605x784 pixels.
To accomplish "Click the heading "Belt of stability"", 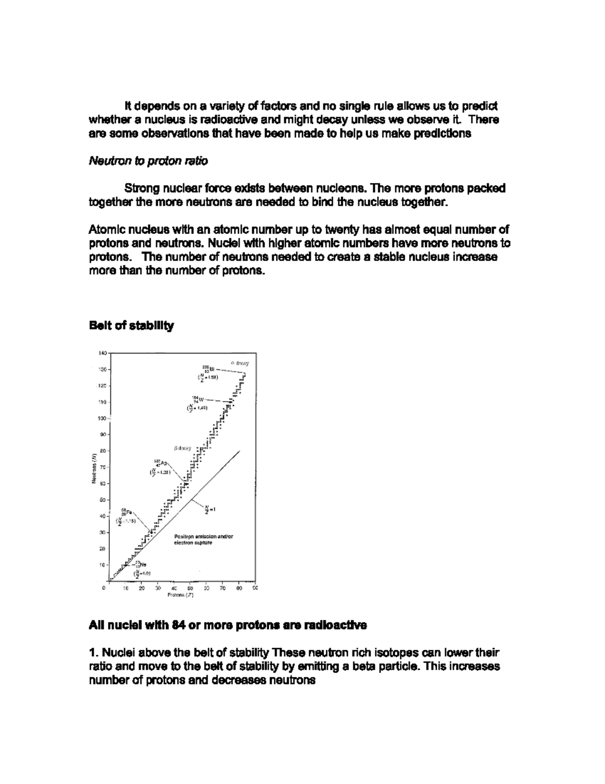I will [x=131, y=326].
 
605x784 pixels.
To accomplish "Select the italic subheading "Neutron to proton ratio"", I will [x=148, y=161].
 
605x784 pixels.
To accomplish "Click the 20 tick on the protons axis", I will [x=142, y=588].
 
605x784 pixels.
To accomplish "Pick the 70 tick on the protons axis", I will [x=222, y=588].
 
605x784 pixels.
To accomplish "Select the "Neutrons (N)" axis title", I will [x=93, y=469].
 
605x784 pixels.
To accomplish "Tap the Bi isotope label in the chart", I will [x=208, y=370].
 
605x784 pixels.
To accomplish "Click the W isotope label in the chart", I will [x=197, y=400].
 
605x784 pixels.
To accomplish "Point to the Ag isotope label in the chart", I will [x=160, y=463].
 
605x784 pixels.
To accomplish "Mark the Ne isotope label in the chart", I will [x=140, y=565].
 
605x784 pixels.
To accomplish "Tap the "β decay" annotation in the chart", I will [x=183, y=448].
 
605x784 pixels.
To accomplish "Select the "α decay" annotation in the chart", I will [x=239, y=363].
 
